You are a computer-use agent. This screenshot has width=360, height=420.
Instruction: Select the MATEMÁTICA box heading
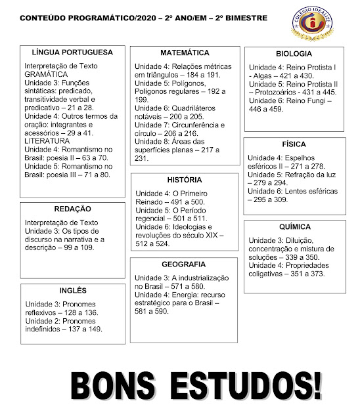tap(185, 52)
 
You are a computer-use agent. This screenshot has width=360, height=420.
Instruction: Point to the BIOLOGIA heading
tap(294, 54)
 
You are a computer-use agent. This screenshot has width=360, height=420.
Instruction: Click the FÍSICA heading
tap(294, 143)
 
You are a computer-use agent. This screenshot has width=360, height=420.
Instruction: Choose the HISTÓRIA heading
tap(184, 180)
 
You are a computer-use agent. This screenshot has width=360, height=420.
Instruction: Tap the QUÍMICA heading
tap(294, 226)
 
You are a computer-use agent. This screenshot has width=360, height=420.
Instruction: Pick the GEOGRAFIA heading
tap(184, 264)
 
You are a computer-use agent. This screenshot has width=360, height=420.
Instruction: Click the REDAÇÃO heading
tap(72, 208)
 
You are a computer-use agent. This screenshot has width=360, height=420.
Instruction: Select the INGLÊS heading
tap(72, 291)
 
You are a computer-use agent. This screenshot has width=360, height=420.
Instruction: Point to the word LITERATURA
tap(47, 141)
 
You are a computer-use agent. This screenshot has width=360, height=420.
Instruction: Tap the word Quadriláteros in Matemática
tap(196, 107)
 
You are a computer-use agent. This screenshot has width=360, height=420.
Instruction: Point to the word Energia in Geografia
tap(187, 295)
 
